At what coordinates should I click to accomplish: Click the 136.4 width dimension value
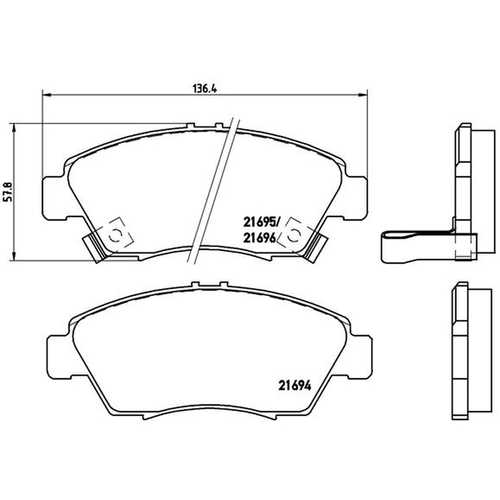(204, 89)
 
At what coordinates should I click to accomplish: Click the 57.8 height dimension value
(7, 191)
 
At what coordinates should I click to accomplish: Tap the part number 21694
(294, 386)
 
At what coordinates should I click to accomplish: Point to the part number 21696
(259, 237)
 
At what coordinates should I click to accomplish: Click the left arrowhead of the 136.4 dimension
(47, 94)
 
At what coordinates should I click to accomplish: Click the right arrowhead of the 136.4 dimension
(363, 94)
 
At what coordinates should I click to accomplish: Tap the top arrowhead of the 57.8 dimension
(13, 128)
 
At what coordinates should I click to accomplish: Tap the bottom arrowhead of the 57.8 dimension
(13, 256)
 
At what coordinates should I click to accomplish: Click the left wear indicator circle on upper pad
(114, 237)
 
